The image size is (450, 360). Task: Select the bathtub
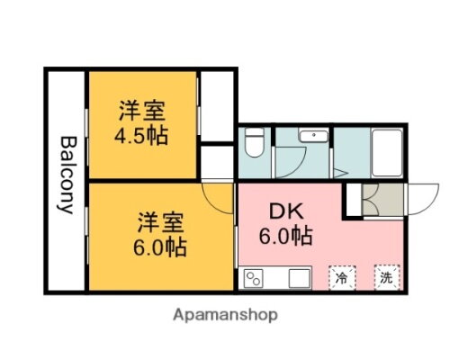pos(388,153)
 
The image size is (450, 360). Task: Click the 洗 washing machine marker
pos(387,279)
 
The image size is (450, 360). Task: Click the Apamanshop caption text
pos(224,315)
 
